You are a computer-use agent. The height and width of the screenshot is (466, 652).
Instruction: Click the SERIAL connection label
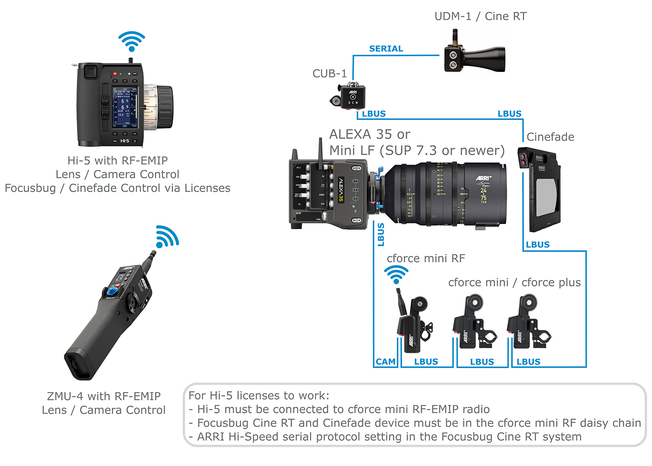coord(386,49)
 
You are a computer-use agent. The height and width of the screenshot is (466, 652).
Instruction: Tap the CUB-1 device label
coord(329,73)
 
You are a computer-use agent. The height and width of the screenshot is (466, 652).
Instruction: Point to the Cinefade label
coord(550,137)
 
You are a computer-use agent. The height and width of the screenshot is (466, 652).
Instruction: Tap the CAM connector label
coord(386,362)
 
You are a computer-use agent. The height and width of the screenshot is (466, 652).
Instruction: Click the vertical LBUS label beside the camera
coord(381,235)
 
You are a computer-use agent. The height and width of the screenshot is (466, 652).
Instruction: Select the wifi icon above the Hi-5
coord(131,41)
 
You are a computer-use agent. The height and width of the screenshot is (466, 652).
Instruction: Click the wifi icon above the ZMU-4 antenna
coord(166,237)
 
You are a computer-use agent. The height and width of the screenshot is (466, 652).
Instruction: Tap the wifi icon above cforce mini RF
coord(396,274)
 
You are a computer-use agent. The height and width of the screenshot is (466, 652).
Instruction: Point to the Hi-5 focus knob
coord(163,107)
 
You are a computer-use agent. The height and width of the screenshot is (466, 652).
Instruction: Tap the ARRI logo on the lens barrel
coord(483,178)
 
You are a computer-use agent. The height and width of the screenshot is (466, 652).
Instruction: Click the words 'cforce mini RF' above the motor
coord(426,258)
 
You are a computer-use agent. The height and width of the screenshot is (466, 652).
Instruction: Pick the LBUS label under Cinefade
coord(538,245)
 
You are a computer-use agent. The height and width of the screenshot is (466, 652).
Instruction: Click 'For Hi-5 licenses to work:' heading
coord(259,396)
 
